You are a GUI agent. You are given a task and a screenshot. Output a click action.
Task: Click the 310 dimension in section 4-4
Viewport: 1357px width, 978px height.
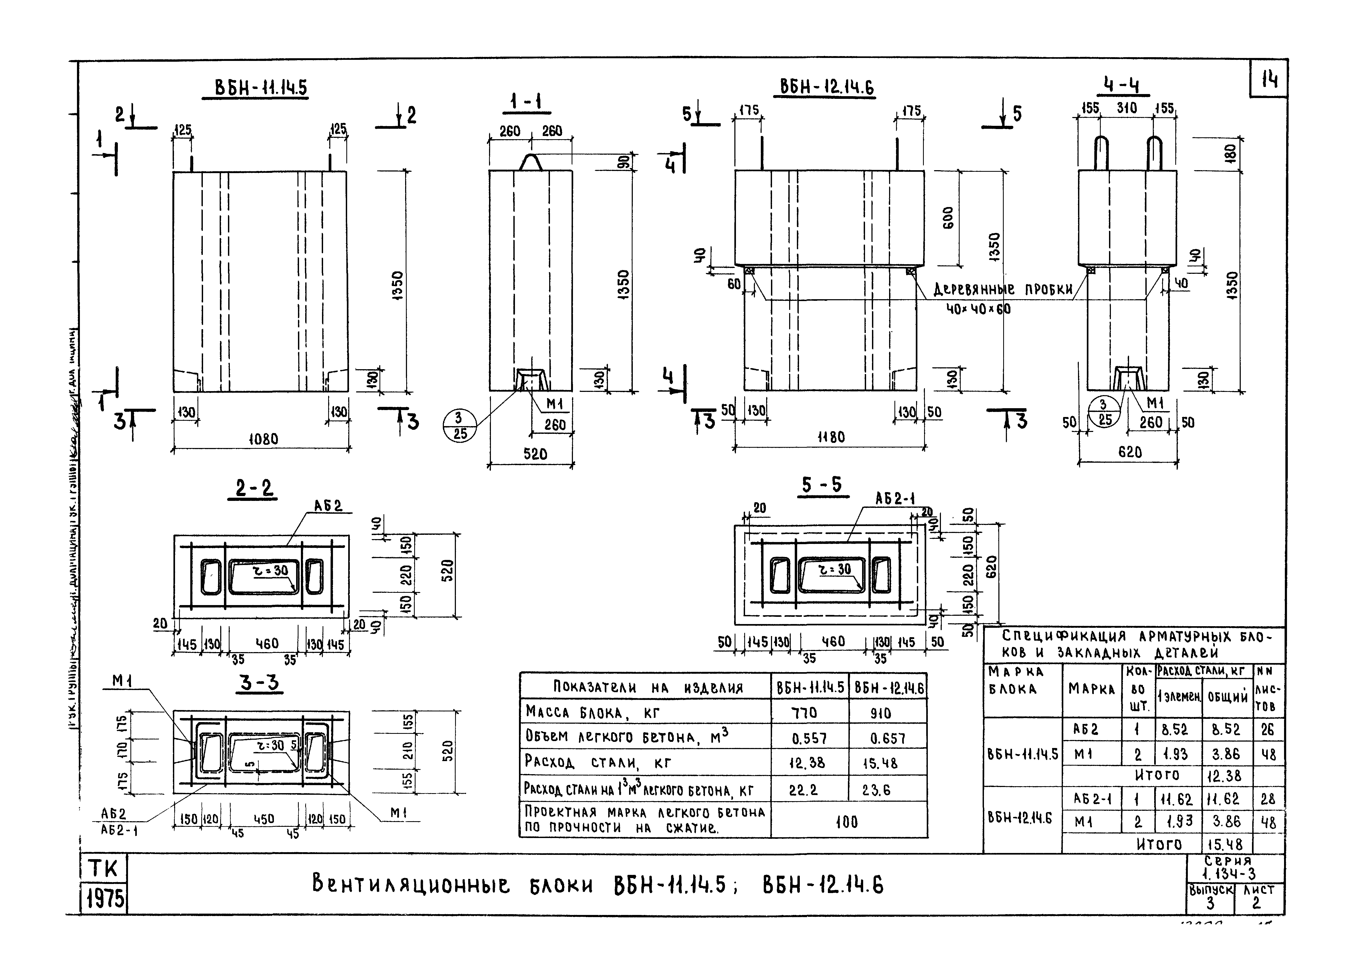coord(1127,108)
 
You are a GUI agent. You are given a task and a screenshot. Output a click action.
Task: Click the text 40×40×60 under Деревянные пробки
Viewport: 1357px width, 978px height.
coord(978,309)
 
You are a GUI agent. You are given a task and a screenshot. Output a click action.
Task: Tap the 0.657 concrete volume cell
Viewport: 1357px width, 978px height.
coord(888,738)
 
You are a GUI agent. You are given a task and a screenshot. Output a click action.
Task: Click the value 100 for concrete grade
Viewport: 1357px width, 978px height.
coord(847,822)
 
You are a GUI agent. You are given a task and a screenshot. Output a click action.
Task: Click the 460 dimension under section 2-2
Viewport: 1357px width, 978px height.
coord(267,644)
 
